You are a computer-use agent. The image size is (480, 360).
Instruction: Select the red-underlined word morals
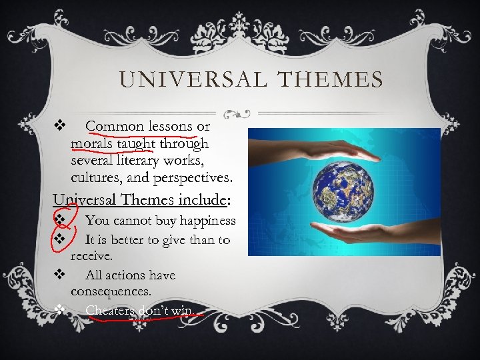93,143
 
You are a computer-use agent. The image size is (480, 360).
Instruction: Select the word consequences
111,291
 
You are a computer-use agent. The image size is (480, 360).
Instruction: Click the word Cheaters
109,311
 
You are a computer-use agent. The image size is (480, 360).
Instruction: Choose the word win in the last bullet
181,311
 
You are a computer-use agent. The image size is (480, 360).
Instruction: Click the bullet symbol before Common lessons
58,125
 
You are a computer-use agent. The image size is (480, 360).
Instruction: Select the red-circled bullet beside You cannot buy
59,219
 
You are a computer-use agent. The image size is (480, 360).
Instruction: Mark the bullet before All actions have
59,274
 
